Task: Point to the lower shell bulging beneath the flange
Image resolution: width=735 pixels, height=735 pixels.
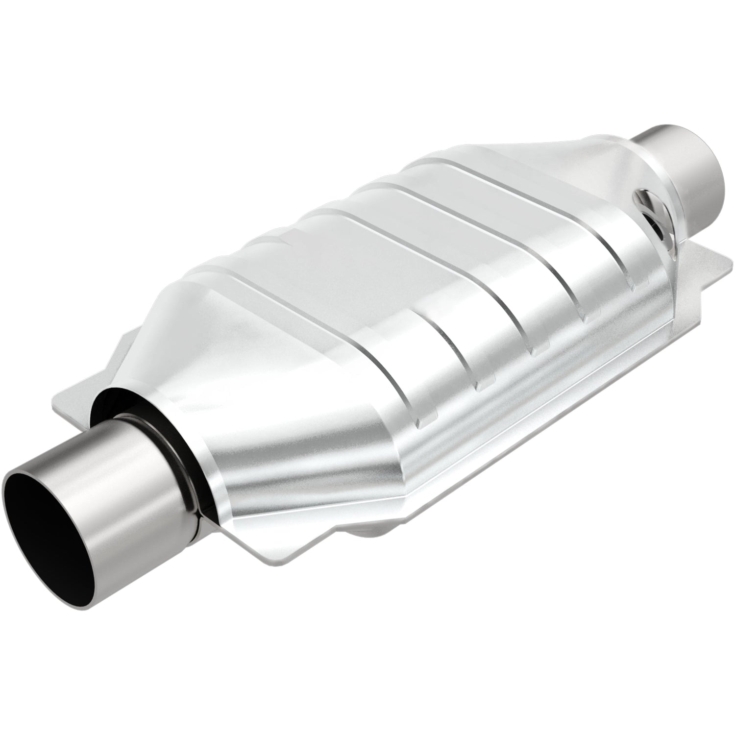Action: pos(372,532)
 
